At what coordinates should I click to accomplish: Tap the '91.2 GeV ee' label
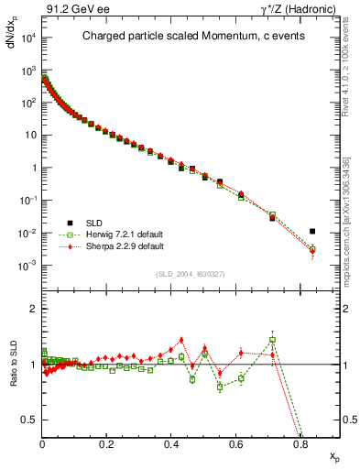tap(74, 9)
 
